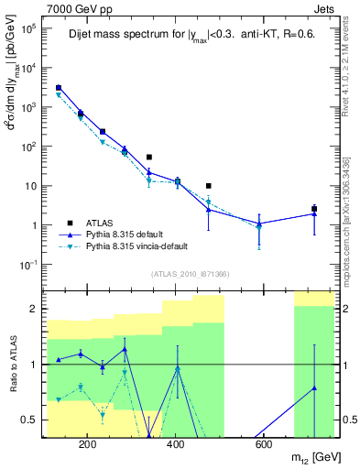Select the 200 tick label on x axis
[x=88, y=444]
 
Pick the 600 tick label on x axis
[x=262, y=444]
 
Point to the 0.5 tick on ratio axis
[x=29, y=420]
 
